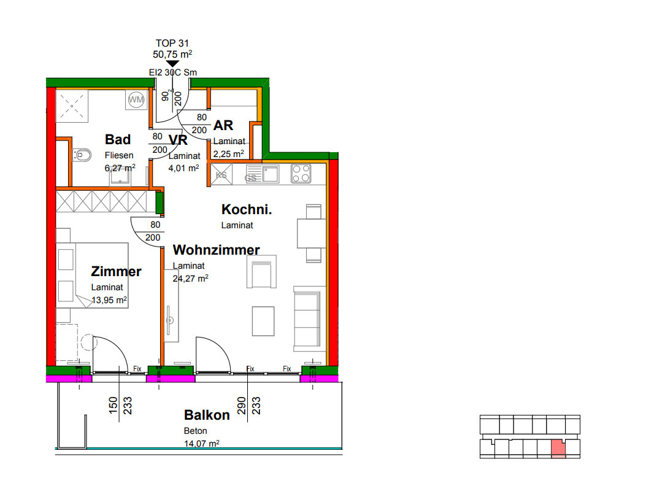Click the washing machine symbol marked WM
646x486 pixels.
click(136, 99)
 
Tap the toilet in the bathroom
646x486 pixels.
click(82, 155)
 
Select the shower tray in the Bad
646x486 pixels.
click(72, 106)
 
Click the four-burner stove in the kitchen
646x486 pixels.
click(301, 173)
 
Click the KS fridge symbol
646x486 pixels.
click(221, 174)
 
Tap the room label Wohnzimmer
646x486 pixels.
click(217, 250)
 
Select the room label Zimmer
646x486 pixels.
click(116, 271)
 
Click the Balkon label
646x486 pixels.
click(207, 415)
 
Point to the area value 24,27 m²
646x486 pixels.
click(190, 278)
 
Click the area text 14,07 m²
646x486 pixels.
click(201, 444)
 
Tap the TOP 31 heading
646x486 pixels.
click(172, 44)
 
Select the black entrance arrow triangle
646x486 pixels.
click(172, 63)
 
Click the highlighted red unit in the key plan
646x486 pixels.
click(558, 449)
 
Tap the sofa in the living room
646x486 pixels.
click(307, 318)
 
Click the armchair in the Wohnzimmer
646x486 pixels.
click(261, 272)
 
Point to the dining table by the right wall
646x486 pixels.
click(312, 233)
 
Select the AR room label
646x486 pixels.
click(223, 125)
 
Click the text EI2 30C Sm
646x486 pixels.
click(173, 72)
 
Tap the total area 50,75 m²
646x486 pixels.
click(172, 54)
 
